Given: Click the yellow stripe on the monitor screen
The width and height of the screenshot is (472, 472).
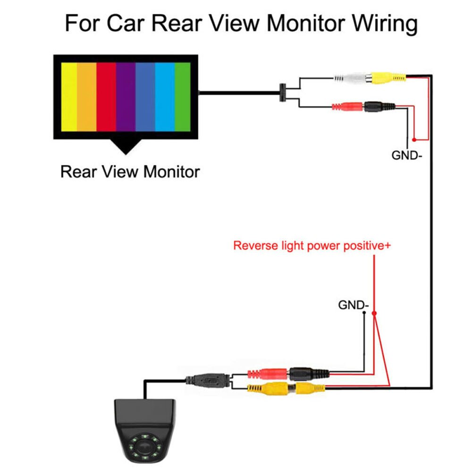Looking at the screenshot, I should (x=69, y=97).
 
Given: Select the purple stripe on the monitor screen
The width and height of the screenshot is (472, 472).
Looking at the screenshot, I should (x=126, y=97).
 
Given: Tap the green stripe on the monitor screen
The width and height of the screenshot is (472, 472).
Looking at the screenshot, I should (x=182, y=97).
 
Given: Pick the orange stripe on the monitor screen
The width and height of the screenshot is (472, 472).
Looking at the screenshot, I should (x=87, y=97).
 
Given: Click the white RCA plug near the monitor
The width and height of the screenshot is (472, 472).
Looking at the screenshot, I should (x=351, y=77).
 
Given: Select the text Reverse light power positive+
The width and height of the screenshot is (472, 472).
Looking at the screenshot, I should (x=312, y=246).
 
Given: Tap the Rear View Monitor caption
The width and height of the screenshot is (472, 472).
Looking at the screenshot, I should (x=130, y=171).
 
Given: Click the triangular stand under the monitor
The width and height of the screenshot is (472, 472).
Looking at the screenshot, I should (x=125, y=147).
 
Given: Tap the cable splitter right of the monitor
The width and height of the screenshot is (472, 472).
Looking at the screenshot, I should (x=282, y=93).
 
